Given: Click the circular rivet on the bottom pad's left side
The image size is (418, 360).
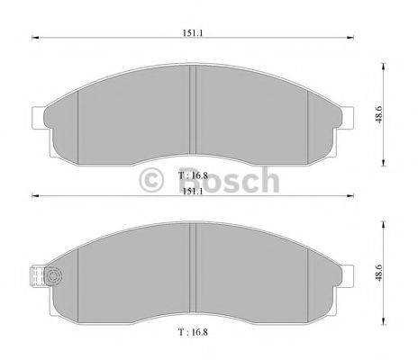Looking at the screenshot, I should (52, 277).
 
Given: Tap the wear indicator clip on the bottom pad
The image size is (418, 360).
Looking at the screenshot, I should (38, 277).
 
